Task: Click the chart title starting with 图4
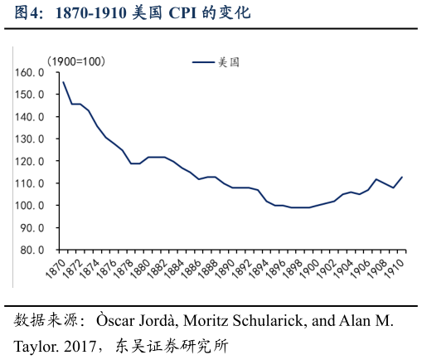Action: click(x=133, y=14)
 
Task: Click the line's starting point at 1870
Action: click(x=64, y=82)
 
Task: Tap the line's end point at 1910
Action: click(x=402, y=177)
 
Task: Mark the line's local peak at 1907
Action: click(x=376, y=179)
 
